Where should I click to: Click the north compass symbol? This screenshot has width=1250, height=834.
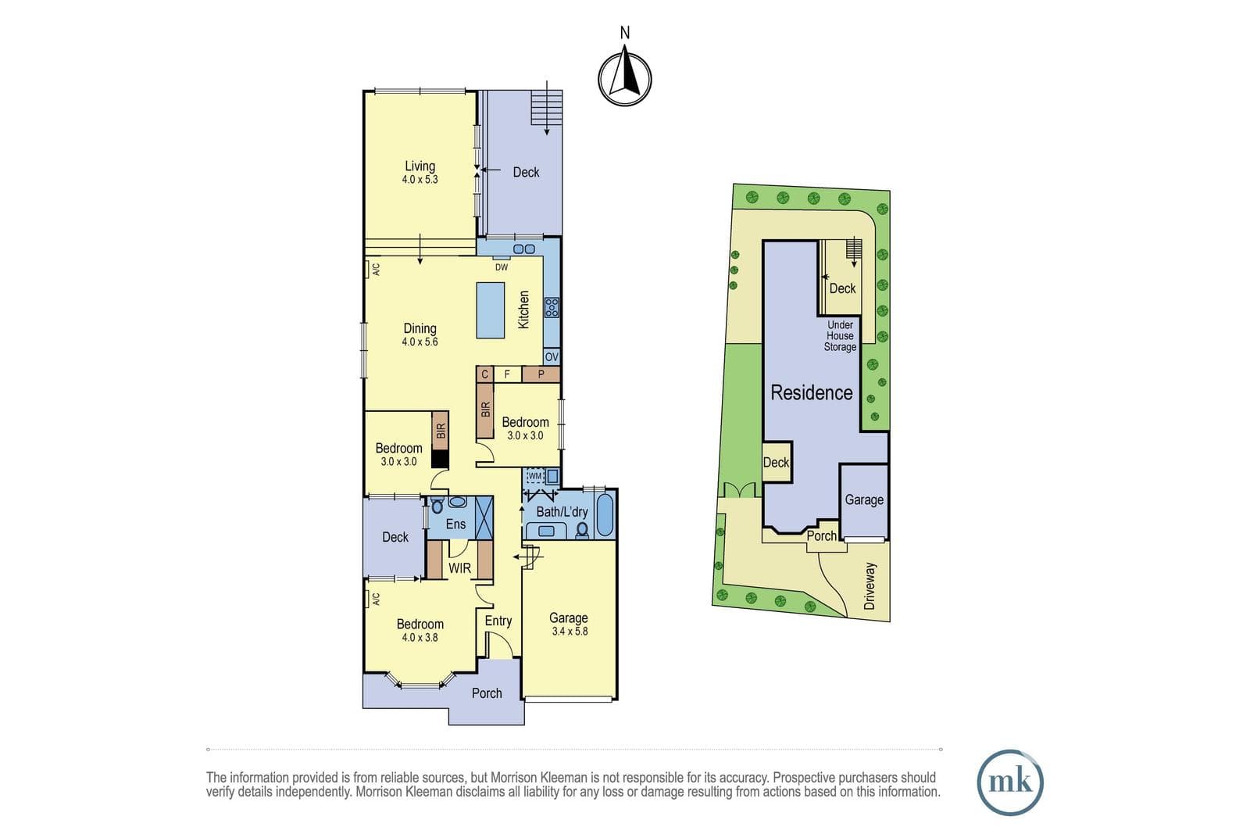coord(625,78)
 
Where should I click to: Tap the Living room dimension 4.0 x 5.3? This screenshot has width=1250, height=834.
coord(420,180)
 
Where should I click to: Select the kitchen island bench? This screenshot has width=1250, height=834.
coord(491,310)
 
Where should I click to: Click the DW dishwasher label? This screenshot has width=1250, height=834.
coord(502,267)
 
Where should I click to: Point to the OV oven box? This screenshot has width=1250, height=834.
coord(552,356)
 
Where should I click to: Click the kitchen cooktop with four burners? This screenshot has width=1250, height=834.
coord(552,308)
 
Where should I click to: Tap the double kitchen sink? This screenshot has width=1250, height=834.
coord(524,249)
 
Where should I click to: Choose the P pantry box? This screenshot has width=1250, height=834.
coord(541,374)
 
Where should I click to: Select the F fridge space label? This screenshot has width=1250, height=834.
coord(507,374)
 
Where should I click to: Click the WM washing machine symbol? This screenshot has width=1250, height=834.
coord(535,476)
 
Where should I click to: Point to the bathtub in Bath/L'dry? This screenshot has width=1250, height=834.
coord(605,514)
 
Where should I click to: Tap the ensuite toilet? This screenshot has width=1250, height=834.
coord(437,506)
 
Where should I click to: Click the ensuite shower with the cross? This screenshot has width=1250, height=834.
coord(484,517)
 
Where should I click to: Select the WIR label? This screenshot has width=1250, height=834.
coord(460,568)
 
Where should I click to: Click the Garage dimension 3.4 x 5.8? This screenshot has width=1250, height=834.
coord(570,632)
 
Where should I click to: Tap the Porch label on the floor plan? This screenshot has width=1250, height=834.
coord(487,693)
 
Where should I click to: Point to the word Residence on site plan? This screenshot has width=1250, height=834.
coord(812,393)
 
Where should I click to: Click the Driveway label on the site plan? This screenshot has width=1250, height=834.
coord(870,586)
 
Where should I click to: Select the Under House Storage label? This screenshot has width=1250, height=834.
coord(840,336)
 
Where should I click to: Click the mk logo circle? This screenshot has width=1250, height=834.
coord(1010,782)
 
